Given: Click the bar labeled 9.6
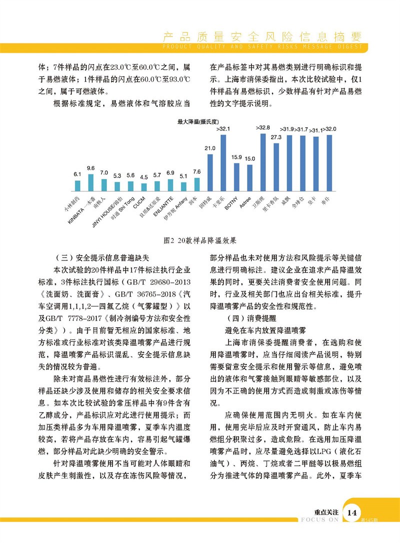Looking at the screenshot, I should click(x=90, y=183).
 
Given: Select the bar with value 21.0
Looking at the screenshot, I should click(x=210, y=173).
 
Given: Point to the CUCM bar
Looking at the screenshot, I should click(x=144, y=187).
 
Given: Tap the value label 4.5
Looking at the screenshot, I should click(x=144, y=177).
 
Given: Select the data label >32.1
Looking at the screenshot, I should click(x=223, y=129).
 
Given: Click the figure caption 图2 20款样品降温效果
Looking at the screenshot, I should click(x=200, y=240).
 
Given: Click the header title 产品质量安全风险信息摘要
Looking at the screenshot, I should click(x=262, y=37).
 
